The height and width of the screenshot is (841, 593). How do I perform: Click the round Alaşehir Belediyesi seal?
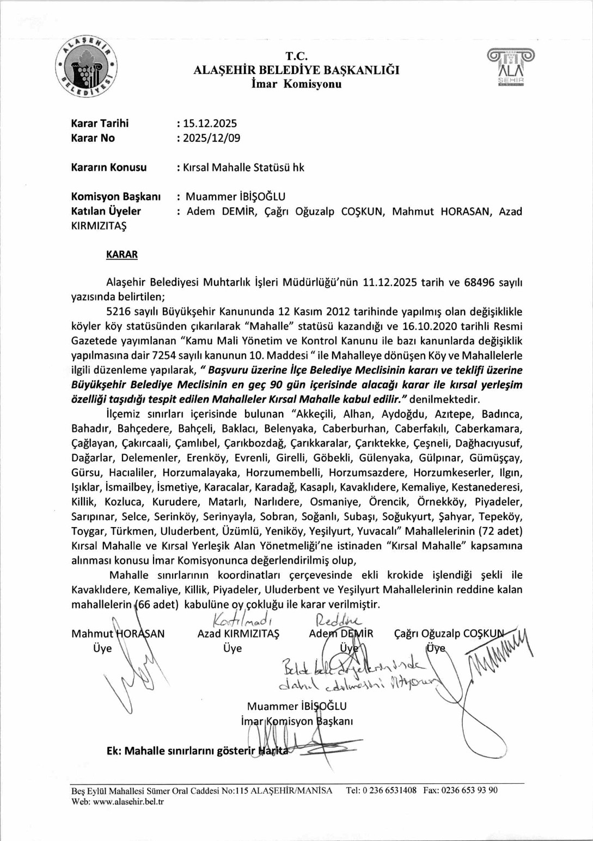tap(87, 67)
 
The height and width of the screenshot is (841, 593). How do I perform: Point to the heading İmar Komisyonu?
tap(296, 84)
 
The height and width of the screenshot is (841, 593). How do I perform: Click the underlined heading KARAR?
tap(121, 255)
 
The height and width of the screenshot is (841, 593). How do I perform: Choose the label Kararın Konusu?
tap(108, 168)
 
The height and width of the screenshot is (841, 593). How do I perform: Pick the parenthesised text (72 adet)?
tap(500, 531)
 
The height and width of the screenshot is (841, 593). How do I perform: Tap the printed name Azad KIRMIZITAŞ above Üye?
tap(238, 634)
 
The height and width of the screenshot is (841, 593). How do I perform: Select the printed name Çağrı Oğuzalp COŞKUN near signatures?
tap(448, 634)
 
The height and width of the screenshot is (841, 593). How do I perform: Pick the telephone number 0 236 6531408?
tap(388, 790)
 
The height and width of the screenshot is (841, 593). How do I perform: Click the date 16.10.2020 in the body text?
tap(430, 326)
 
